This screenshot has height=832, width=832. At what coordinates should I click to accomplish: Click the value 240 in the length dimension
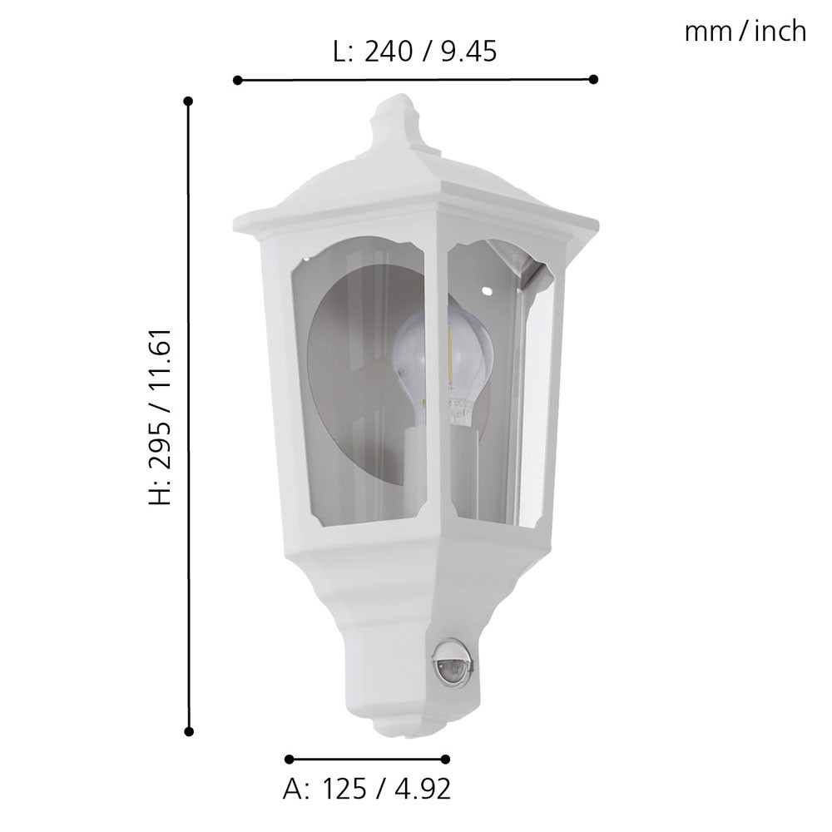click(389, 52)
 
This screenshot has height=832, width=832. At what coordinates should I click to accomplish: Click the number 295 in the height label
click(160, 444)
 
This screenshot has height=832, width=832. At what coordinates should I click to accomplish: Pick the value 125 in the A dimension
click(344, 789)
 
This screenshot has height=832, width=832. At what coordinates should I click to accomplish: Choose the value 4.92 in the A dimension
click(423, 789)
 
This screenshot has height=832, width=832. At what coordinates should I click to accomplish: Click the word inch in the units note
click(780, 32)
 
